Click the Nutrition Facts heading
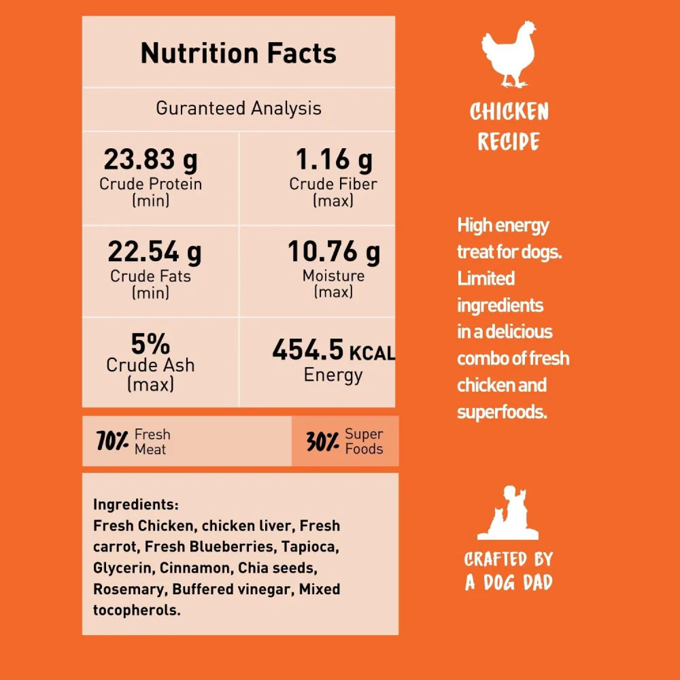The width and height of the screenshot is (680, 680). coord(238,53)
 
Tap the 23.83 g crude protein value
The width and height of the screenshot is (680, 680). coord(150,160)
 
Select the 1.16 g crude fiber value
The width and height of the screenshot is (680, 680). coord(333,160)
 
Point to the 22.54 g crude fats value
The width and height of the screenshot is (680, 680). coord(154,252)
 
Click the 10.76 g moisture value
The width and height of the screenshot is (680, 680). coord(333,252)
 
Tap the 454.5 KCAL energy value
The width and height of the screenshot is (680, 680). coord(333,351)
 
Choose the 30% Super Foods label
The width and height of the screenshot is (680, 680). coord(345,441)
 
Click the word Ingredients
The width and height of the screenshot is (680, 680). coord(135,505)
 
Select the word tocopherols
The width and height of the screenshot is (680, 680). coord(137,610)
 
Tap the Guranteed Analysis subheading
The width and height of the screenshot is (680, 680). coord(238,108)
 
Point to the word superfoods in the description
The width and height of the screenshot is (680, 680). coord(502,411)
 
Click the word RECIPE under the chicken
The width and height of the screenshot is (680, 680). coord(509,141)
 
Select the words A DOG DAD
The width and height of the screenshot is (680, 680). coord(509,582)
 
